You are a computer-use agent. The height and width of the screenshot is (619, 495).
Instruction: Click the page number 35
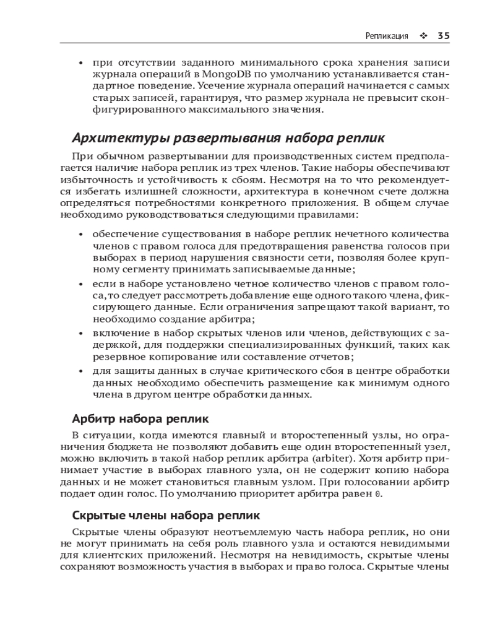(443, 36)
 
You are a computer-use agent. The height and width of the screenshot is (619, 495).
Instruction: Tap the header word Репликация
(387, 36)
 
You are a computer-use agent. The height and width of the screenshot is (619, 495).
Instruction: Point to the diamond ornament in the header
(424, 36)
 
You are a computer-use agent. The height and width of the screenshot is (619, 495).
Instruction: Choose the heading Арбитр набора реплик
(140, 418)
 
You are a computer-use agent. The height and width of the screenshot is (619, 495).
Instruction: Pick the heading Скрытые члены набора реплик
(166, 515)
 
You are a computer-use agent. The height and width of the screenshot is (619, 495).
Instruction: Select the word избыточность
(92, 180)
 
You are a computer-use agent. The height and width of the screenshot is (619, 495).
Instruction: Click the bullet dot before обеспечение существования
(82, 235)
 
